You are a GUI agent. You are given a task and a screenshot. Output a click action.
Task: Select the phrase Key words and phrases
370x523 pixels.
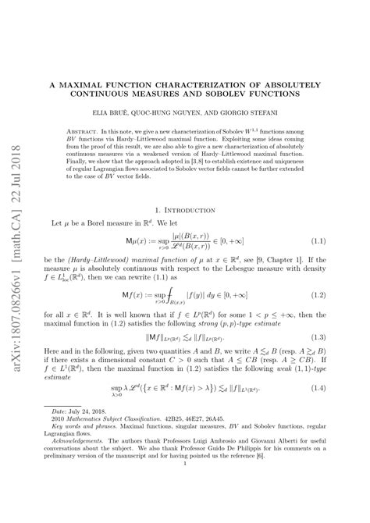pos(89,449)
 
